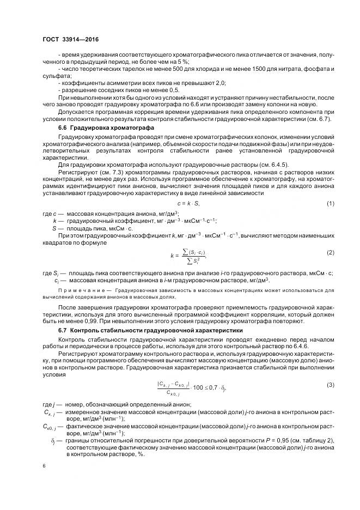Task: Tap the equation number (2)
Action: [x=330, y=237]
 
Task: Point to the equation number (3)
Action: [x=330, y=386]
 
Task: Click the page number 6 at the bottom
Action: [x=44, y=466]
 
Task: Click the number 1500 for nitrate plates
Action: [x=246, y=69]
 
